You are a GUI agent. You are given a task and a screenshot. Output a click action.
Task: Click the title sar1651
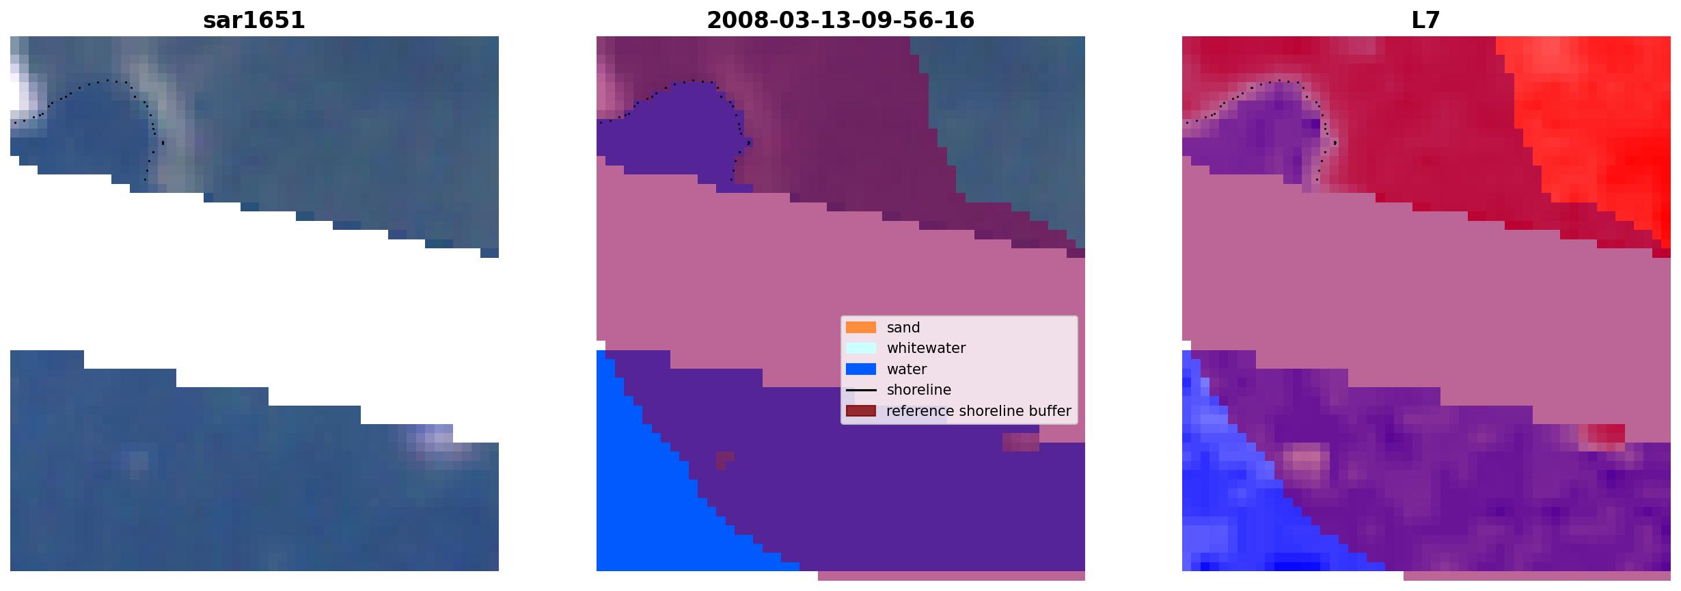(254, 21)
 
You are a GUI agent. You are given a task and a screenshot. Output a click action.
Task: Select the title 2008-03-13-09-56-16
(840, 21)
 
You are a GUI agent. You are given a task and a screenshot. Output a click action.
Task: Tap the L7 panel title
(1426, 21)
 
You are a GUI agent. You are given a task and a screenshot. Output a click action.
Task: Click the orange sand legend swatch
(861, 327)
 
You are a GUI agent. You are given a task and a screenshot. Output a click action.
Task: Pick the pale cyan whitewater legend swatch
(861, 348)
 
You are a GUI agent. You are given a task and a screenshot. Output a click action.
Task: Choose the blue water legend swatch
(861, 369)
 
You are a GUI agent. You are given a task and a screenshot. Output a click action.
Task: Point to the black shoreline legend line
(861, 390)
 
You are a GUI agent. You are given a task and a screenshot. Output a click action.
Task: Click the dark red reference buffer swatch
(861, 410)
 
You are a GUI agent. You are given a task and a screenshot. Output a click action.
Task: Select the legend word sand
(903, 328)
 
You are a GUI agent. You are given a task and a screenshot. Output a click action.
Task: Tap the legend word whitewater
(926, 348)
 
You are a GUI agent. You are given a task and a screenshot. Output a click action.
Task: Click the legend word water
(907, 369)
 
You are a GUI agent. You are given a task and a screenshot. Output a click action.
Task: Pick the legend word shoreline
(919, 390)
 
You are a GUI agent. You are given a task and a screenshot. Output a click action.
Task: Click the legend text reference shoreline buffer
(979, 411)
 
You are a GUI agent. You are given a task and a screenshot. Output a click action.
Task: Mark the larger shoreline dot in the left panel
(163, 143)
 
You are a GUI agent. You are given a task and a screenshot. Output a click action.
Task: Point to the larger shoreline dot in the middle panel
(750, 142)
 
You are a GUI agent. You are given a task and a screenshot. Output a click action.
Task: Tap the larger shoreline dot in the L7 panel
(1335, 142)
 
